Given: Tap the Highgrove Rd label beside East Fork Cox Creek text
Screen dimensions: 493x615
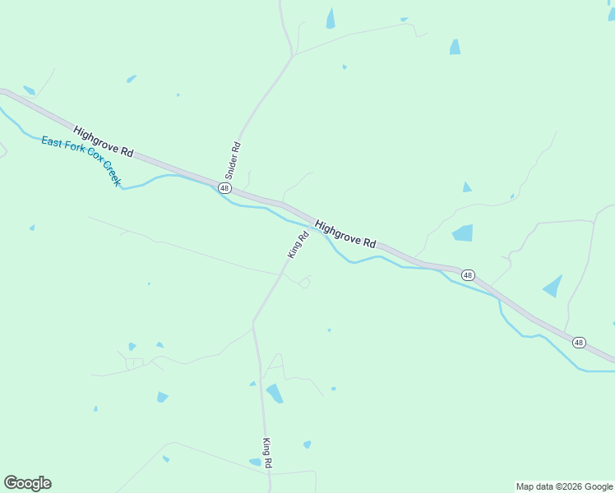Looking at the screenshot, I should pos(103,141).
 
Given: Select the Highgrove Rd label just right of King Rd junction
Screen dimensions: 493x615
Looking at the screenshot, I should pos(345,234).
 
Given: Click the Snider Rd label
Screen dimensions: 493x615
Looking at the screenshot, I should pos(233,161).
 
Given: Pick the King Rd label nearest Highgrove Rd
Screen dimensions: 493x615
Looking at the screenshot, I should pos(298,245).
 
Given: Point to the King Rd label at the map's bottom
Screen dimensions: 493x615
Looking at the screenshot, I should pos(267,454).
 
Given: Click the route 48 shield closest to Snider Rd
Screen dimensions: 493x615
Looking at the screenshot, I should pos(224,188).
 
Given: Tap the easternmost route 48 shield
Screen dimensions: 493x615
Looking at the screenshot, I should pos(579,342).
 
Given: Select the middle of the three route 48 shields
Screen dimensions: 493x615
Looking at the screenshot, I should pos(467,274).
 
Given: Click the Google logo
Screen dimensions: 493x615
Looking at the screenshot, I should pos(27,483).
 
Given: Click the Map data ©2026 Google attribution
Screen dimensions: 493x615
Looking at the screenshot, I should pos(565,486).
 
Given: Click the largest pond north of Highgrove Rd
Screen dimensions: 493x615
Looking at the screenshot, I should pos(463,233).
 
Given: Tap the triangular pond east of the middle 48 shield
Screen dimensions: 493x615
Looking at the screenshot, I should pos(554,286).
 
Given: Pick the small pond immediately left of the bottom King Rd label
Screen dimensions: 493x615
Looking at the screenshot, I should pos(255,463).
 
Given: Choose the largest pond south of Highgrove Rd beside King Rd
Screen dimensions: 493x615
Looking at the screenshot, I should pos(275,394).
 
